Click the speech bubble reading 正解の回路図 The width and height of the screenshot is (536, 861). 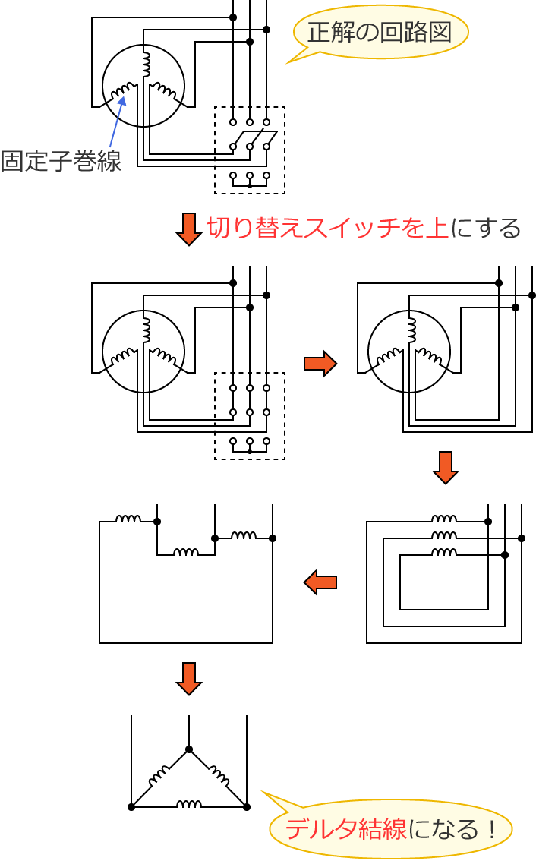tap(380, 32)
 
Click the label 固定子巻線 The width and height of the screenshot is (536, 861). tap(61, 161)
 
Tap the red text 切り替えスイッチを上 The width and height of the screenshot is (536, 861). tap(327, 228)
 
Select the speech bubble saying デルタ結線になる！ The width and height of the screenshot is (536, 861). tap(391, 828)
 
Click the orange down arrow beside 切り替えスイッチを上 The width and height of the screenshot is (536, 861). tap(188, 229)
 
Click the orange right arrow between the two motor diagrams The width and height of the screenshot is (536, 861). tap(320, 363)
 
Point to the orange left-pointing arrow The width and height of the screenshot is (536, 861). tap(320, 582)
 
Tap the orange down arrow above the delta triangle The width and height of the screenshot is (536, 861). tap(188, 677)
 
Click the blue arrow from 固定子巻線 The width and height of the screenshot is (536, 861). tap(117, 121)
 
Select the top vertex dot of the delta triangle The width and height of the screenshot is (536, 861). tap(189, 749)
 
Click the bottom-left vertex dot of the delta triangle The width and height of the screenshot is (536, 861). tap(131, 807)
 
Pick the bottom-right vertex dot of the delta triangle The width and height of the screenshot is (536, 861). tap(247, 807)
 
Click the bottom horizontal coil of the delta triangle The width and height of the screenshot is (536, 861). tap(189, 804)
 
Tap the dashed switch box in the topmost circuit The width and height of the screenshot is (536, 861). tap(250, 150)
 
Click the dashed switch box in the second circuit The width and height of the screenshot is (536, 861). tap(250, 416)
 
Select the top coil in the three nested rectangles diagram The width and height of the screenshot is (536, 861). tap(444, 519)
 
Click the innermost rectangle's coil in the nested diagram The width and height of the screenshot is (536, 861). tap(444, 553)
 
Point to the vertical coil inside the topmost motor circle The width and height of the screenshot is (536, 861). tap(146, 64)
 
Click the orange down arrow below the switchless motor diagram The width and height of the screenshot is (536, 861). tap(445, 467)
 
